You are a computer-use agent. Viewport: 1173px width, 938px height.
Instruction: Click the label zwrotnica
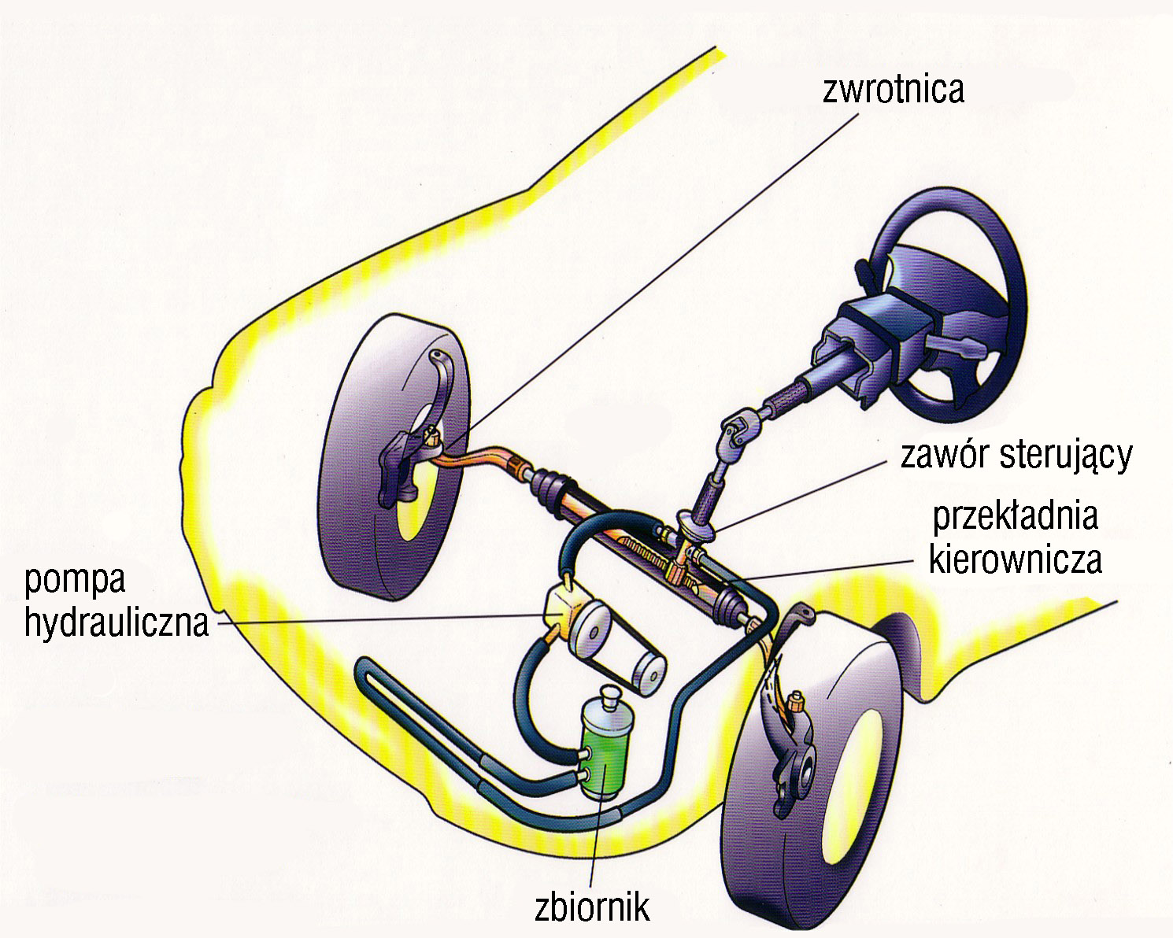tap(893, 89)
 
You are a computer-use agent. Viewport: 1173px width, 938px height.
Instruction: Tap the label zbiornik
tap(592, 907)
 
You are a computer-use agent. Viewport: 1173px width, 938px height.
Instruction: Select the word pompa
tap(76, 582)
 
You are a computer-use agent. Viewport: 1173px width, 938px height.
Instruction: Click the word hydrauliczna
tap(117, 622)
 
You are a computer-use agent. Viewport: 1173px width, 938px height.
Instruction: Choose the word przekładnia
tap(1015, 517)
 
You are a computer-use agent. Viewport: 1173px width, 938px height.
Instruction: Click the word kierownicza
tap(1016, 559)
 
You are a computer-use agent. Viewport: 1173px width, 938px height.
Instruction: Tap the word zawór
tap(940, 455)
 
